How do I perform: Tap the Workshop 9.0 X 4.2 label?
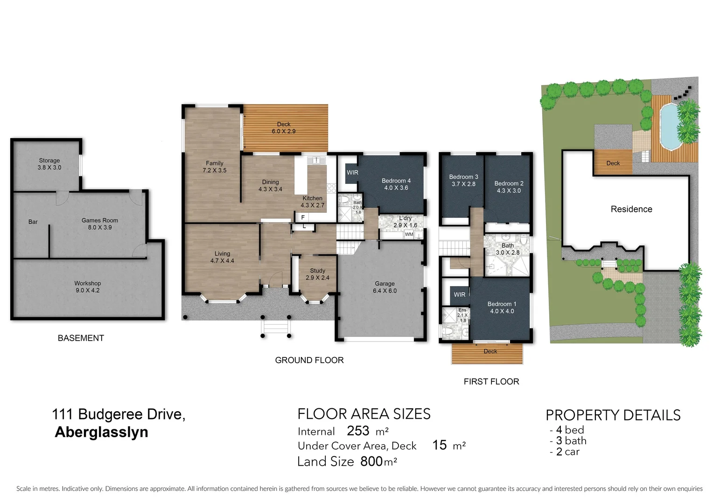point(88,287)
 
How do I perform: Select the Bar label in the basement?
point(33,222)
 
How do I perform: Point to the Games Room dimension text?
point(100,228)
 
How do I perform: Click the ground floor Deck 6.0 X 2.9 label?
point(284,128)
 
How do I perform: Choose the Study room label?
point(317,274)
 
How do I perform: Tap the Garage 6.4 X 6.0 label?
point(384,287)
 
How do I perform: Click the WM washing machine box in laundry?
point(409,234)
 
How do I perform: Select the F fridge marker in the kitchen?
point(303,217)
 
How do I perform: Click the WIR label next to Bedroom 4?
point(352,173)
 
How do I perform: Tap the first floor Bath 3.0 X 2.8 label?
point(508,249)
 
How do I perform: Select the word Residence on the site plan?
point(631,210)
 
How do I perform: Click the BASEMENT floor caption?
point(81,338)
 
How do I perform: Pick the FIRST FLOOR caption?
point(491,382)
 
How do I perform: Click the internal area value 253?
point(358,431)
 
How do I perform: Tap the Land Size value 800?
point(371,462)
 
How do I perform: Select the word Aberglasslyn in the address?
point(101,432)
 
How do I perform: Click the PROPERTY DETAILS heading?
point(613,415)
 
